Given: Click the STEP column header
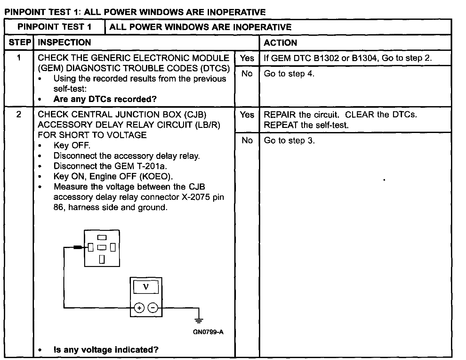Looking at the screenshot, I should [x=20, y=43].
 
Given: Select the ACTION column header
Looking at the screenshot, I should [x=280, y=43].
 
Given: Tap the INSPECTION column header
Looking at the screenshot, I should [x=64, y=43].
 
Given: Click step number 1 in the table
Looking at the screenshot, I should [x=19, y=58].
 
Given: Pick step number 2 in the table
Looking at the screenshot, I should [x=19, y=114].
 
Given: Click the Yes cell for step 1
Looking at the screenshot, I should [x=247, y=58].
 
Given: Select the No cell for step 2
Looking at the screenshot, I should [x=247, y=140].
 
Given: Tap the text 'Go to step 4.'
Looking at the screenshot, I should [x=289, y=74].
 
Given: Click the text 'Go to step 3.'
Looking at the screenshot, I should [x=289, y=141].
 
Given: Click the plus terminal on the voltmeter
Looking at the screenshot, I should [x=139, y=308].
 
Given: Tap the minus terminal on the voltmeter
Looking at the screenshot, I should [x=153, y=308].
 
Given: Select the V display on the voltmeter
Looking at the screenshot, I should [x=146, y=287].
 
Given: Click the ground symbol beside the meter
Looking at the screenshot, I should [x=199, y=320].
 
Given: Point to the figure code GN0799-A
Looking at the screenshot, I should [x=208, y=332].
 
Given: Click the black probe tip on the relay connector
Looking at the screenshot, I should [x=78, y=247].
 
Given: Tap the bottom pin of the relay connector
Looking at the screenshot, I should [x=102, y=259].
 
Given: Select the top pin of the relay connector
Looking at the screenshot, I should [x=102, y=238].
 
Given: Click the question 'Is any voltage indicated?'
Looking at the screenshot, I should [x=106, y=350].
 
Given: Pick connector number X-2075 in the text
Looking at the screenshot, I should [x=196, y=197].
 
